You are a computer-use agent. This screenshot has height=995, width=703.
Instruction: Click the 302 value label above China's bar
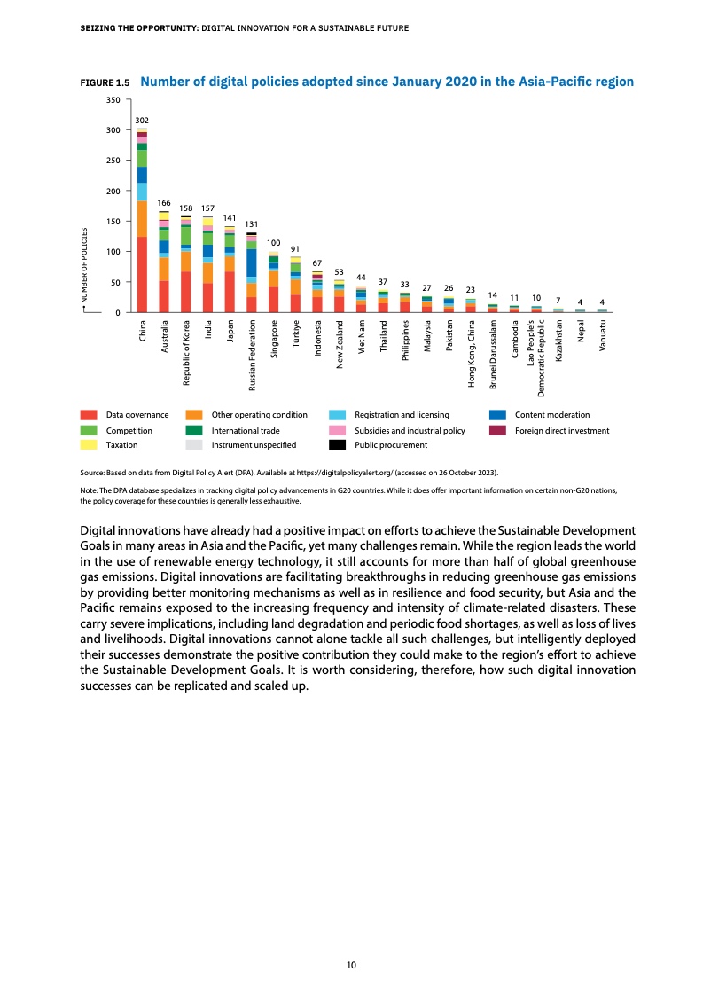142,119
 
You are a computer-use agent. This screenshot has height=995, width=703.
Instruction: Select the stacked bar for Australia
164,262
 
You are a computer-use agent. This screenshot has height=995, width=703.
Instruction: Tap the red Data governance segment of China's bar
142,275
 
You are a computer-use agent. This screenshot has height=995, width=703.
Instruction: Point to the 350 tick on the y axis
113,99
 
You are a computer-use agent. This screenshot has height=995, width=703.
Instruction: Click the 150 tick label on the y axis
113,221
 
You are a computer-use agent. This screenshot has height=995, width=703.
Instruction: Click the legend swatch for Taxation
89,445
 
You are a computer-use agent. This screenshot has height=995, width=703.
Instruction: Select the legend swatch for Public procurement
337,445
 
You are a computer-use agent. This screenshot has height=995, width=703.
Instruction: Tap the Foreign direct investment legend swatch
497,430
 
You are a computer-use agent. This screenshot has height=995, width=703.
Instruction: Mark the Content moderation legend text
551,415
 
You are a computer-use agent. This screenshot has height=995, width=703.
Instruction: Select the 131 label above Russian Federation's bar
252,223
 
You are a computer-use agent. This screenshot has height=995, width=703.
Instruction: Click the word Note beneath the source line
89,490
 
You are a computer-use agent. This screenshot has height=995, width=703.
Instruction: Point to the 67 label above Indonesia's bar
317,262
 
